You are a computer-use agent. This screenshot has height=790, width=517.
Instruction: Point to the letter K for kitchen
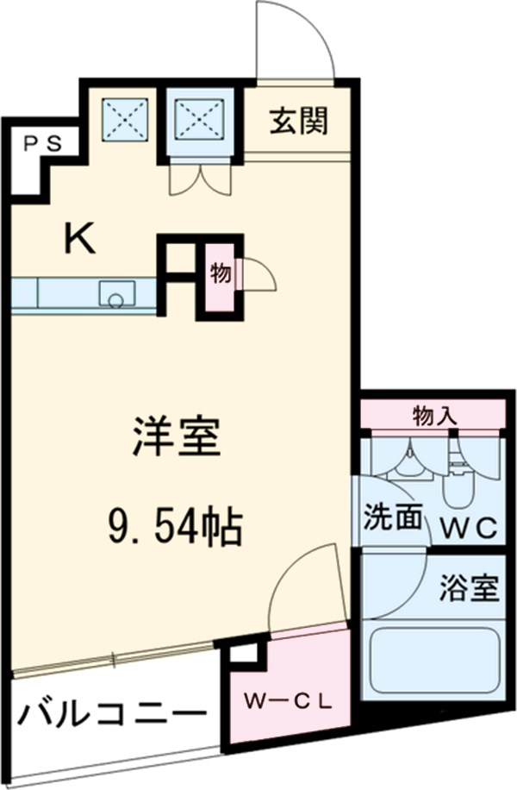coord(81,239)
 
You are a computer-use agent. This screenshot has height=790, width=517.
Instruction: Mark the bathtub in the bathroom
coord(433,662)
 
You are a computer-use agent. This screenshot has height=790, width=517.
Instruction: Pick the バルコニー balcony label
coord(113,715)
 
